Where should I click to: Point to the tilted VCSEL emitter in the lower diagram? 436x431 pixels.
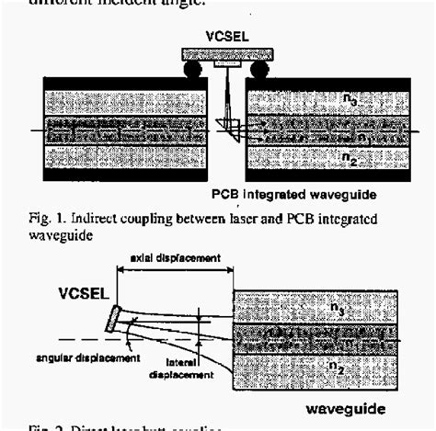coord(112,317)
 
